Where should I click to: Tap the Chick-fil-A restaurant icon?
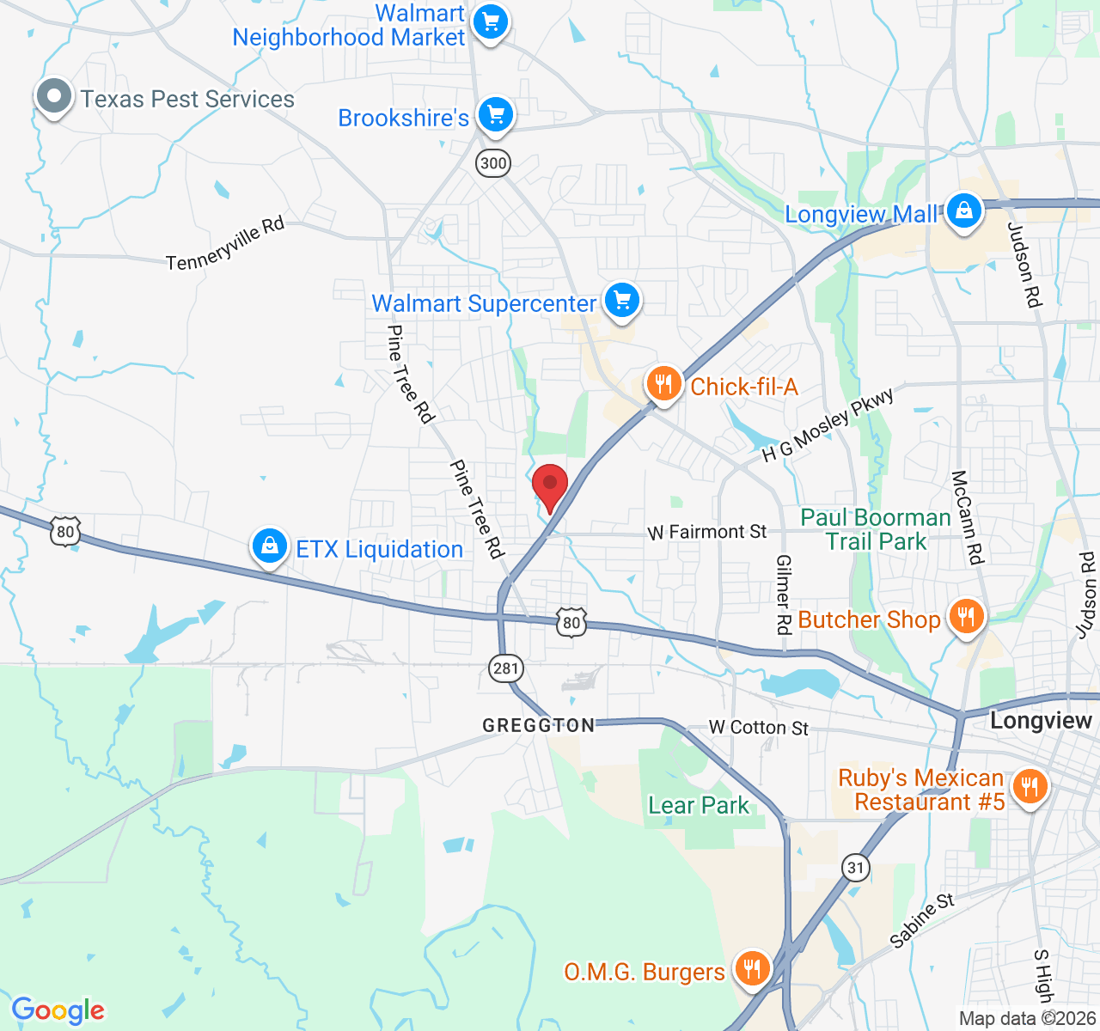coord(663,383)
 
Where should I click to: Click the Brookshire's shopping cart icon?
coord(495,114)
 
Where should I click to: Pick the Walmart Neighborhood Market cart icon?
coord(490,21)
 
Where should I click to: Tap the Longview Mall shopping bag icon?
coord(963,210)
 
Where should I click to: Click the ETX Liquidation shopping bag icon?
coord(270,546)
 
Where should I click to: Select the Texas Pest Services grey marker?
coord(54,96)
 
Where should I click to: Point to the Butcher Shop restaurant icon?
coord(967,617)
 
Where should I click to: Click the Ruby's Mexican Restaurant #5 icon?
coord(1029,786)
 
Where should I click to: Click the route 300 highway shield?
coord(493,163)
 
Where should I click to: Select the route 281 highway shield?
coord(507,668)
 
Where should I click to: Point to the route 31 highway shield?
coord(855,868)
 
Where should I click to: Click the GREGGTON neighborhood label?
coord(539,726)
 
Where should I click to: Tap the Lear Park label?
coord(699,806)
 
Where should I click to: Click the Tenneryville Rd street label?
coord(225,244)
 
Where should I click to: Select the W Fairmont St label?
coord(707,533)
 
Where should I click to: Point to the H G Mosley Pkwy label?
coord(828,425)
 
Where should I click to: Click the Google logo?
coord(58,1010)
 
